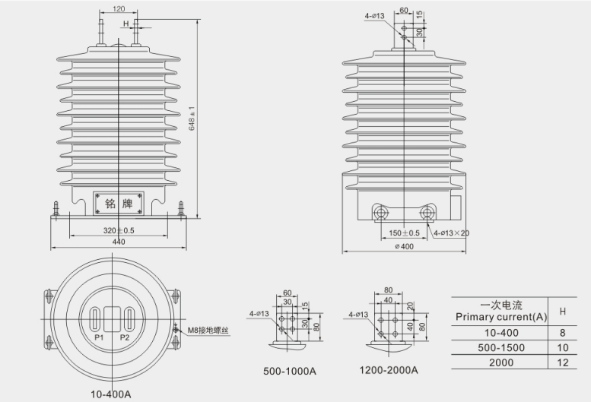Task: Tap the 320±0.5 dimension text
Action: click(x=119, y=230)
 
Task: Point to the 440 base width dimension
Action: click(x=119, y=242)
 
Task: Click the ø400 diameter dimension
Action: click(x=404, y=247)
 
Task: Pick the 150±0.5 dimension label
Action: click(x=404, y=233)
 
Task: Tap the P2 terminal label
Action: click(x=125, y=337)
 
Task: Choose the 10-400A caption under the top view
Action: click(x=112, y=394)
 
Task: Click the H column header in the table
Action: click(x=562, y=311)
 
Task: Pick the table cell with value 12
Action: click(x=562, y=362)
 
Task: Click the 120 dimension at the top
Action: click(x=119, y=9)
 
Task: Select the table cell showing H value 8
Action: click(x=562, y=332)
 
